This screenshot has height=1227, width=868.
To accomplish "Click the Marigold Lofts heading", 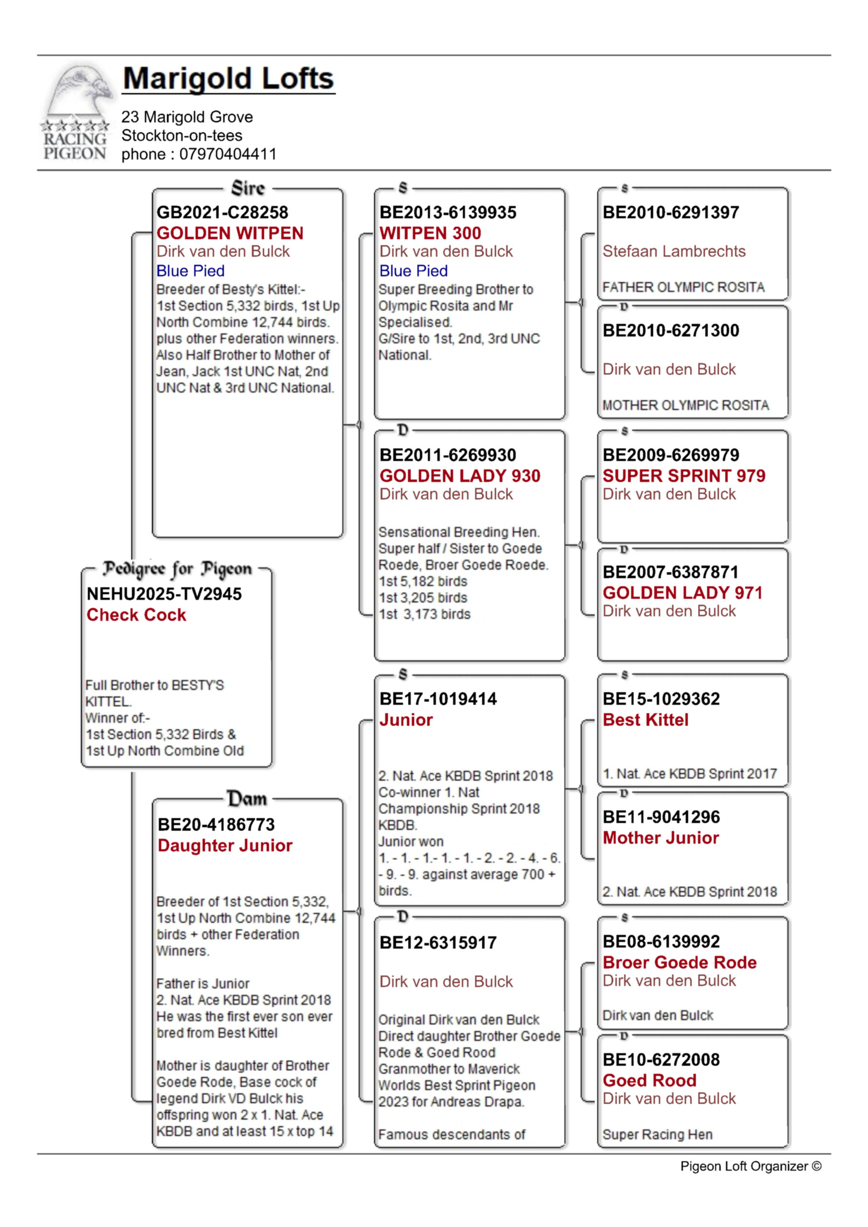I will pyautogui.click(x=228, y=79).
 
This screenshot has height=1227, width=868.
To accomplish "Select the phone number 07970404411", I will pyautogui.click(x=228, y=154).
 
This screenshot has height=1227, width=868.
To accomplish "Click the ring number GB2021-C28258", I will pyautogui.click(x=222, y=212).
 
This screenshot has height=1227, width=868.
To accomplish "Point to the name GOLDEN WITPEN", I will pyautogui.click(x=230, y=233).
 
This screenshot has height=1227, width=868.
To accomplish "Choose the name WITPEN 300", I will pyautogui.click(x=430, y=233).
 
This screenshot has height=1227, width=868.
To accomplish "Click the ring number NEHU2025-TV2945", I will pyautogui.click(x=164, y=594).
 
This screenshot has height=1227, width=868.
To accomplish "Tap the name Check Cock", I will pyautogui.click(x=136, y=614).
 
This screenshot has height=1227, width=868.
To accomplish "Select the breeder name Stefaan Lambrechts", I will pyautogui.click(x=674, y=251).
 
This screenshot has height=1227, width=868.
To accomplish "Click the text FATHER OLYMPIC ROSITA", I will pyautogui.click(x=683, y=288).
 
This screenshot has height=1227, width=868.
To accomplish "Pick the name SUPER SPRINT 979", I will pyautogui.click(x=683, y=475).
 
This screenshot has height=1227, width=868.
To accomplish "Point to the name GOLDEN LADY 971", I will pyautogui.click(x=683, y=593).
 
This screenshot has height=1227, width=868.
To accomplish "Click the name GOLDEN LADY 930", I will pyautogui.click(x=460, y=475).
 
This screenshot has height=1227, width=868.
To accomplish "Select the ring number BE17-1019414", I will pyautogui.click(x=438, y=698).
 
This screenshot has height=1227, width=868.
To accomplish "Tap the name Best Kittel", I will pyautogui.click(x=645, y=720).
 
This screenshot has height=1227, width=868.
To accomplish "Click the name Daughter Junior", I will pyautogui.click(x=225, y=845).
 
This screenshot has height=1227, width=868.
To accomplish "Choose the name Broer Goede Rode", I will pyautogui.click(x=679, y=962).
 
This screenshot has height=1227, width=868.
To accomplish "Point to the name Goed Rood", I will pyautogui.click(x=649, y=1080).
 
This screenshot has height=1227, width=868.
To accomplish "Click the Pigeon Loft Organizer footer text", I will pyautogui.click(x=751, y=1166).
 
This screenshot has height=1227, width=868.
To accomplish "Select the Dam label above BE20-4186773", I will pyautogui.click(x=247, y=799).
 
